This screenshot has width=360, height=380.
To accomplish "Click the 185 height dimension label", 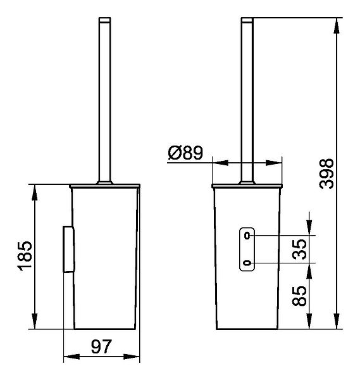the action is point(25,256).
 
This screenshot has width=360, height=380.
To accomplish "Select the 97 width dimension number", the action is point(101,347).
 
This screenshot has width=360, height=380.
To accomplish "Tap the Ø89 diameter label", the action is point(185,153).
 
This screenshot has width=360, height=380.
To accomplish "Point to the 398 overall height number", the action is point(326,174).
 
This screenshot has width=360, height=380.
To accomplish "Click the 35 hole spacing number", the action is point(299,250).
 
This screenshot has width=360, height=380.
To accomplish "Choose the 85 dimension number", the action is point(299,296).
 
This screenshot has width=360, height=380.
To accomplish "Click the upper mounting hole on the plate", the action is point(247,236).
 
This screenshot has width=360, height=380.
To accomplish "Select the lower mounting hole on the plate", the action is point(247,263).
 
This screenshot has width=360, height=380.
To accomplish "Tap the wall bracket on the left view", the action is point(68,250).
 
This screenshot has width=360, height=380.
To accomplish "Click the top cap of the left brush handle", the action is point(105,20).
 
